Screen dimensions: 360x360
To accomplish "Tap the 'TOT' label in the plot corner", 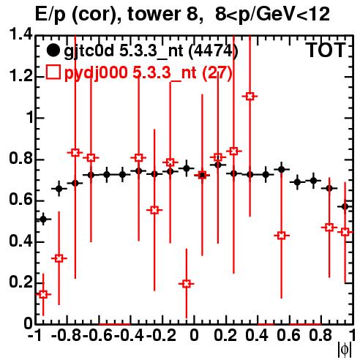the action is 326,50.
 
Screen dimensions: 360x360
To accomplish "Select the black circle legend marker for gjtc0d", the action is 53,50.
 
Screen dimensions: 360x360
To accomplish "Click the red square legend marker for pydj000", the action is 53,72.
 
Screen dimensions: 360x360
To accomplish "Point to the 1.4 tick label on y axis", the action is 20,34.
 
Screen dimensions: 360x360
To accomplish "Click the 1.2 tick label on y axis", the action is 20,76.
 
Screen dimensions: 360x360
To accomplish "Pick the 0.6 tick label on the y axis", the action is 20,200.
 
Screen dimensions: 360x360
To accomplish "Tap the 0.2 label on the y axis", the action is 20,282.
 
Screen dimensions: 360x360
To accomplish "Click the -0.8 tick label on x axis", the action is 67,335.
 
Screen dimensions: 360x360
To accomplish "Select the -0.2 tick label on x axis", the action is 161,335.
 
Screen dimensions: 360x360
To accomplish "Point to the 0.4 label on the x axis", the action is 257,335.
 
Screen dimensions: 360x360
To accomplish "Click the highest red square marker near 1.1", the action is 250,97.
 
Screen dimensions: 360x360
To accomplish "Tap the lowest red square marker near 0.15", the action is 43,294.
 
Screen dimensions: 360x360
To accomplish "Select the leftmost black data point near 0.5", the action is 43,220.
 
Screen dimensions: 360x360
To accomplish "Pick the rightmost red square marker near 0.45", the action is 345,232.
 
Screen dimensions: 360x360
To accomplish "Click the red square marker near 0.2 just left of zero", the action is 187,284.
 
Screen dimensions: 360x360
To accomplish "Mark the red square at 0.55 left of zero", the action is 154,210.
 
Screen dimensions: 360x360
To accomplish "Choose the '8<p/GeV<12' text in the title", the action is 272,15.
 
